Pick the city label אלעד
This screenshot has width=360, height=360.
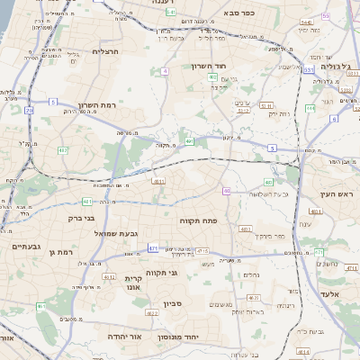click(x=328, y=294)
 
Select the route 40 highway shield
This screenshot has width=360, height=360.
click(x=227, y=191)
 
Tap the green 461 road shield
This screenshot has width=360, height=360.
click(x=40, y=307)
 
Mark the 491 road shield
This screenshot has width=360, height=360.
click(x=190, y=140)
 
